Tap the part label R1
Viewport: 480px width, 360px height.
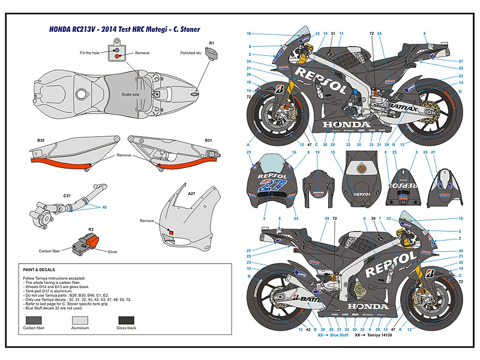211,43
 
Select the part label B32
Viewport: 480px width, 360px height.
41,140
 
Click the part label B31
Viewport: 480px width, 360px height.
208,140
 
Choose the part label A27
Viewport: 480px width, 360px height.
191,193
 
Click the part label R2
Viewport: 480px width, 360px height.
91,230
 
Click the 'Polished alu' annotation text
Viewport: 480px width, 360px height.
191,53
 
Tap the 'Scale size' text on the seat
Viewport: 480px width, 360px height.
130,94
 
